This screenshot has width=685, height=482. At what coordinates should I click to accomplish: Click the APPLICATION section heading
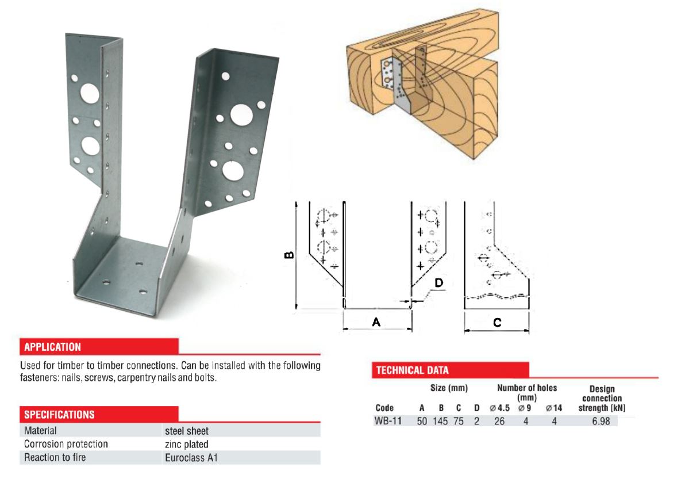pos(52,347)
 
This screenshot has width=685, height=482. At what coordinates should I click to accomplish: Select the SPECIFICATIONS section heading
pos(59,414)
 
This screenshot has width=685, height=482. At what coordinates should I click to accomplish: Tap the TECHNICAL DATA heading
pos(412,370)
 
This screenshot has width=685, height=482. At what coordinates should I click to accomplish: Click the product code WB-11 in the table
pos(388,421)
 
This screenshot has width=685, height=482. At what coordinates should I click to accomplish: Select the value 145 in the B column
pos(441,421)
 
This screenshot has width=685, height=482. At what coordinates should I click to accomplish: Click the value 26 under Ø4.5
pos(500,421)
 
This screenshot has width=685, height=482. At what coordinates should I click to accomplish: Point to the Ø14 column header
pos(554,408)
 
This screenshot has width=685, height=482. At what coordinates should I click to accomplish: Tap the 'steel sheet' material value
pos(187,430)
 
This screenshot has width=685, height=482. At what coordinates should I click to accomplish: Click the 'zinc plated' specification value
pos(187,444)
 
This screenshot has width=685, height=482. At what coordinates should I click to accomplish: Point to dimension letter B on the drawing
pos(290,254)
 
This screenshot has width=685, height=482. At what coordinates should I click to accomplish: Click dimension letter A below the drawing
pos(376,323)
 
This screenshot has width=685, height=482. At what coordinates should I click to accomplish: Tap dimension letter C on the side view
pos(497,323)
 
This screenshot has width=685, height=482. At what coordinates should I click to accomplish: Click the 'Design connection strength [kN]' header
pos(602,399)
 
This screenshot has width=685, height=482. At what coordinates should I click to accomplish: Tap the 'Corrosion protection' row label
pos(66,444)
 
